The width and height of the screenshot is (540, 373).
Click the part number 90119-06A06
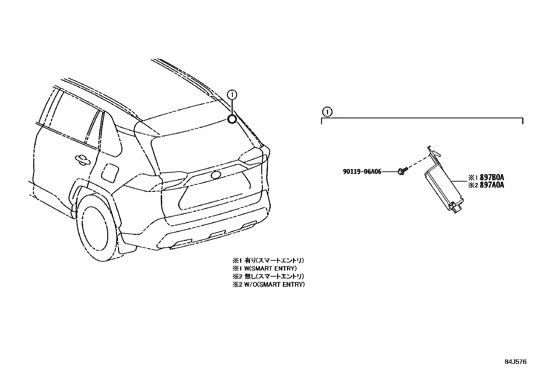click(362, 172)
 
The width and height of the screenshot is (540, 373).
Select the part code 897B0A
click(492, 177)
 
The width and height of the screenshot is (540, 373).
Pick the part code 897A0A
click(492, 185)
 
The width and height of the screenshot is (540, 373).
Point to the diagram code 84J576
click(516, 362)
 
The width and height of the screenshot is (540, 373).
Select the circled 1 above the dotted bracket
click(326, 111)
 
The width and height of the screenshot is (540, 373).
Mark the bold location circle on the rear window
click(232, 119)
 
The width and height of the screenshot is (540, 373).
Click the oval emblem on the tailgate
click(215, 175)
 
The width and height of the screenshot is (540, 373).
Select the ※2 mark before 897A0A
click(473, 185)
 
